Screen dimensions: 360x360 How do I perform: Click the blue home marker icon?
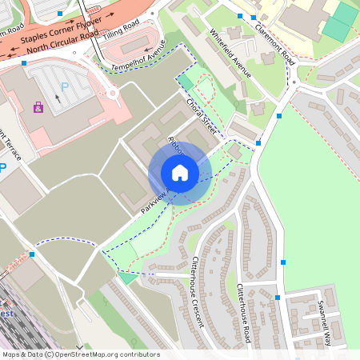point(180,173)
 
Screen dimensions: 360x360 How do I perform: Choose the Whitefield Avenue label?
point(230,53)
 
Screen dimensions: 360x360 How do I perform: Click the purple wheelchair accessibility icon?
point(38,106)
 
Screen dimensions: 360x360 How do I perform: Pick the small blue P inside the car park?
point(65,82)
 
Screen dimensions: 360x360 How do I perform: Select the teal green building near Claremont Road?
point(339,22)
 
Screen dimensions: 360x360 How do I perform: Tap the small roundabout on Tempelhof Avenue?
point(113,93)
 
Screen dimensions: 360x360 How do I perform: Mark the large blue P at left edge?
point(2,168)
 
